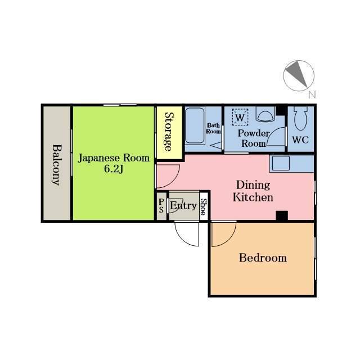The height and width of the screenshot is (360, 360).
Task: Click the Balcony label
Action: pos(56,165)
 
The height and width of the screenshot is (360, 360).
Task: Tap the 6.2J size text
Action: pos(114,169)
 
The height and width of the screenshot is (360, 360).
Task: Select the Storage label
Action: pos(170,132)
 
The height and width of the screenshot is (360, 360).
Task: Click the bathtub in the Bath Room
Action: pos(195,125)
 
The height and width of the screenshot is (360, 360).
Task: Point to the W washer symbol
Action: pos(240,118)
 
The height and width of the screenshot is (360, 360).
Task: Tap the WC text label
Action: pos(300,140)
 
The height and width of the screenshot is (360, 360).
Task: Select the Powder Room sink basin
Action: pos(265,114)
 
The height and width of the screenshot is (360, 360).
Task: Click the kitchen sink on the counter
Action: pos(281,163)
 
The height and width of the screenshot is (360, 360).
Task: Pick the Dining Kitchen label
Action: pos(253,191)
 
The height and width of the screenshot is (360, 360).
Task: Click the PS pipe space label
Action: pos(161,205)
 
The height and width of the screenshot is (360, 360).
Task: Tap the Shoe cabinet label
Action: pos(204,206)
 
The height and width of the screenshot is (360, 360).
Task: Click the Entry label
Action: pos(184,206)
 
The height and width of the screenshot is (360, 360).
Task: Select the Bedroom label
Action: pos(263,258)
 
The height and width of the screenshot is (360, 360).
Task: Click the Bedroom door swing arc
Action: pos(229,240)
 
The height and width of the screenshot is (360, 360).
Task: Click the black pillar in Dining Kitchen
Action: pos(282,215)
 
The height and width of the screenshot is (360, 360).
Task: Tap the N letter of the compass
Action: pos(312,94)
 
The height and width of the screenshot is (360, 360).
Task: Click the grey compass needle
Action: pos(297,74)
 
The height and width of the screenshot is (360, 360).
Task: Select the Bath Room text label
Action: pos(214,128)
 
